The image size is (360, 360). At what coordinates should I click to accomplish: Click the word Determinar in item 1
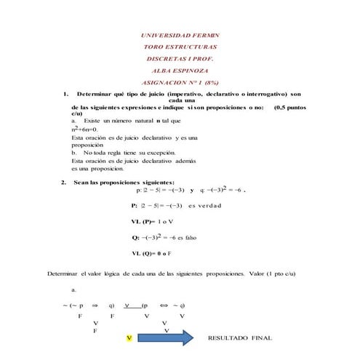click(x=100, y=95)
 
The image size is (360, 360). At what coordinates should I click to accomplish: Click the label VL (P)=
click(x=143, y=221)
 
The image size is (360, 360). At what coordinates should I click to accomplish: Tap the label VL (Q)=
click(x=143, y=253)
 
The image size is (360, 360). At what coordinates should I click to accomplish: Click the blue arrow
click(x=164, y=338)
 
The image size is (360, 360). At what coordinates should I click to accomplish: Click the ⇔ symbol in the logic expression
click(x=164, y=305)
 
